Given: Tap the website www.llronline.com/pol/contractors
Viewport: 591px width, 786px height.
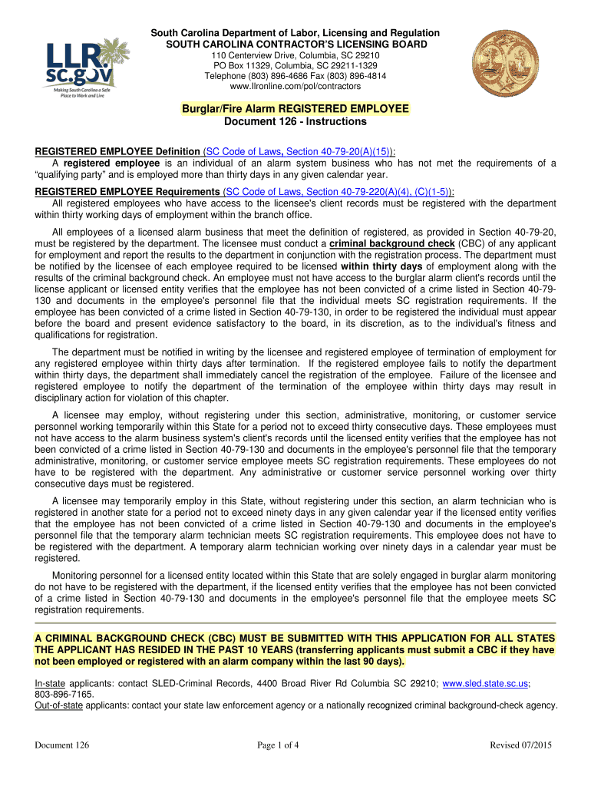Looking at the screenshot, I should (295, 88).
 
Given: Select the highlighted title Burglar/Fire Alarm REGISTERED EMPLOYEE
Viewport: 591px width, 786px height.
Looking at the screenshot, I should (295, 109).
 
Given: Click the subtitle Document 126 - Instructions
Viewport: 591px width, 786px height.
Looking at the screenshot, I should (295, 122).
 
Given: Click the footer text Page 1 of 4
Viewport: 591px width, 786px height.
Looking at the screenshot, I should (295, 745).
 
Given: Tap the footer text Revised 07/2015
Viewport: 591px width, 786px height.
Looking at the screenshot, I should (522, 745).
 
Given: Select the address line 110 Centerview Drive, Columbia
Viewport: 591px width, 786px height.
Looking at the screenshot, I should (295, 57).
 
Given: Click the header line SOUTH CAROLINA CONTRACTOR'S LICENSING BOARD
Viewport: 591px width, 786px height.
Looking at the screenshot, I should (295, 45).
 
